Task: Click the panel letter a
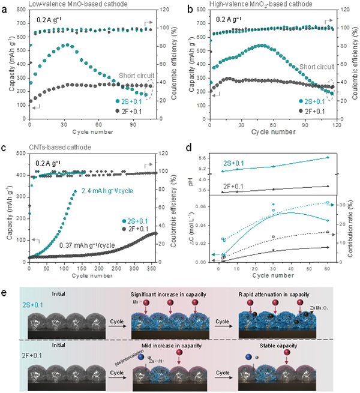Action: (5, 5)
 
